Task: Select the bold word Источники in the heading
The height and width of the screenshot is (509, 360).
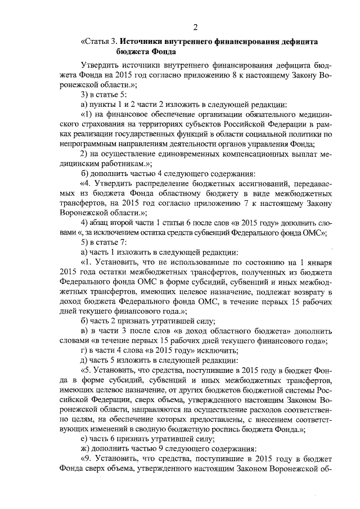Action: [x=143, y=42]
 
